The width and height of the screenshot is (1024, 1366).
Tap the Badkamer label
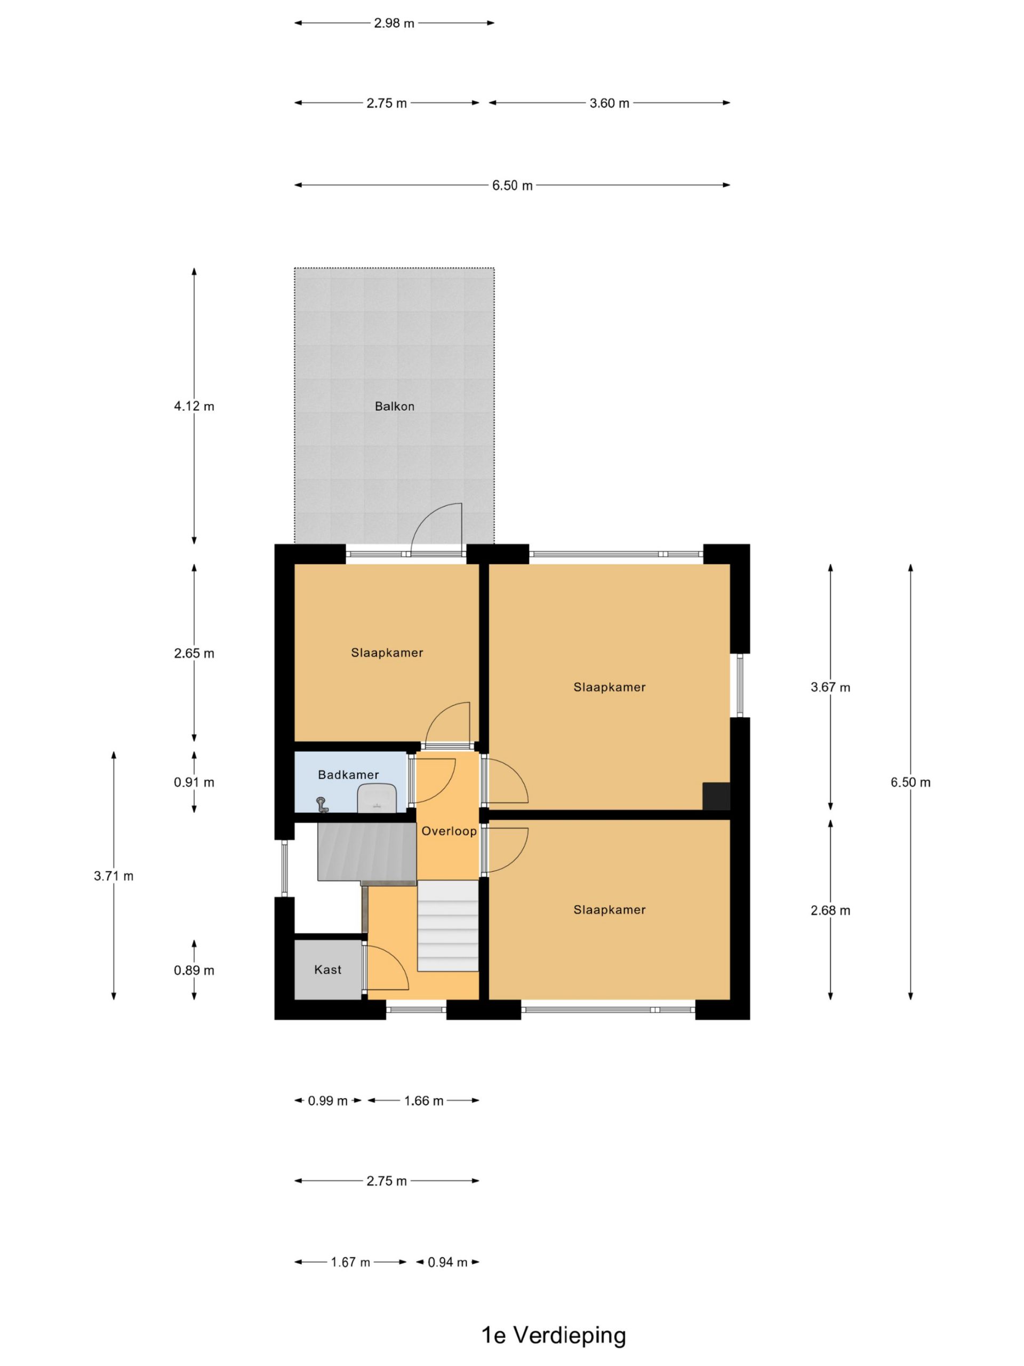click(348, 774)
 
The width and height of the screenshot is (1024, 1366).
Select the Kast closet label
click(328, 970)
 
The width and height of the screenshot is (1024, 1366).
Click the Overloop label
click(449, 831)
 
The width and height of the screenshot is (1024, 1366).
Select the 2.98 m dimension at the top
click(394, 23)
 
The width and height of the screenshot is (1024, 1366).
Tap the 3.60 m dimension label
click(609, 103)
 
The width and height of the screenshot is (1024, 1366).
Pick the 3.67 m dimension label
click(830, 687)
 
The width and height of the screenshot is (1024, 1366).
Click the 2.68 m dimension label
click(830, 910)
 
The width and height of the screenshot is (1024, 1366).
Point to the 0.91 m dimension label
click(194, 782)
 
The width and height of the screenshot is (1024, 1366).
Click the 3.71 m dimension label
click(114, 876)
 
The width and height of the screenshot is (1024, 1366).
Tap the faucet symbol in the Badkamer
click(322, 805)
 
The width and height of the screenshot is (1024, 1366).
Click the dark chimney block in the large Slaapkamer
click(716, 796)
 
